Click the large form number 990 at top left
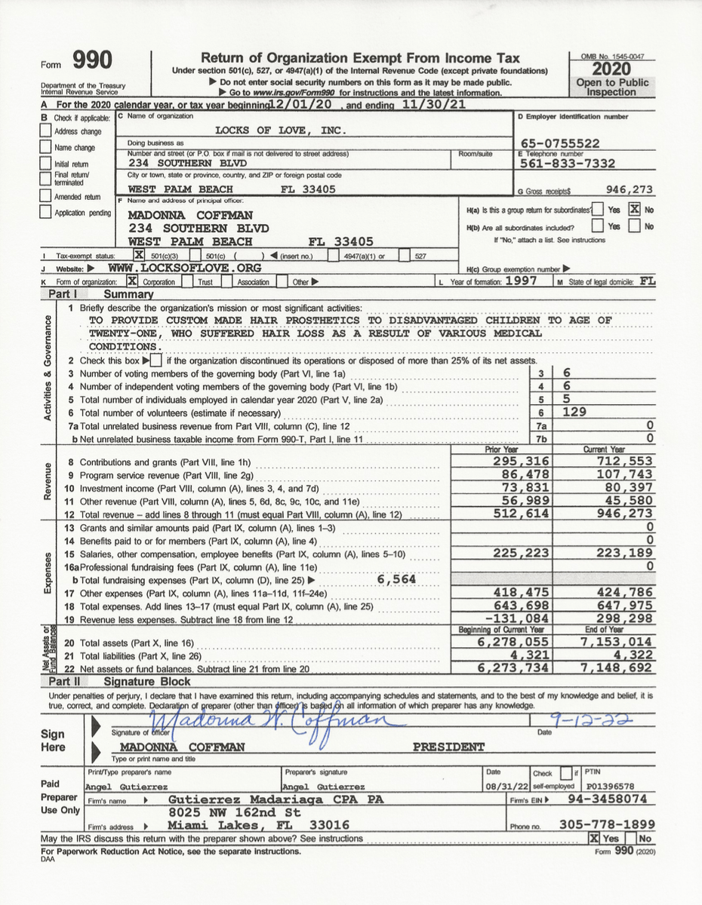coord(92,60)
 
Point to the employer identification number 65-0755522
coord(561,143)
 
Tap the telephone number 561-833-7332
coord(568,163)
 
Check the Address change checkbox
coord(46,131)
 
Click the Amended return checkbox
coord(46,196)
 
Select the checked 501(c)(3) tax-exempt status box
coord(139,256)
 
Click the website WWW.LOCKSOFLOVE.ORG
coord(185,268)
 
